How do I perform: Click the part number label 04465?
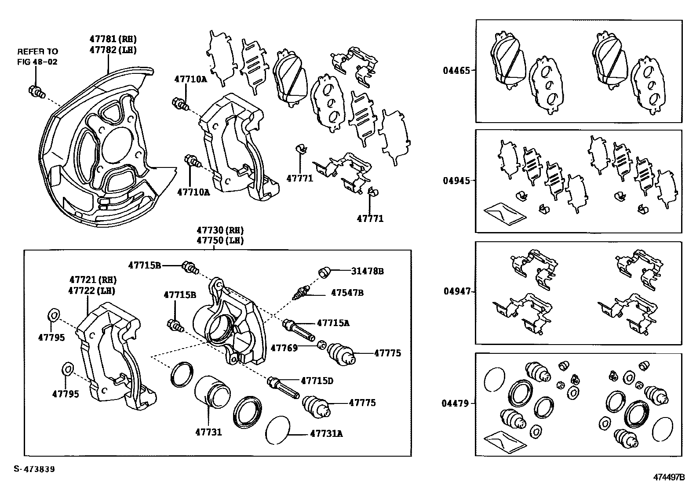(x=456, y=70)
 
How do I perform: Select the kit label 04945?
(x=456, y=181)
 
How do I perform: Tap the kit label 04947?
(x=456, y=291)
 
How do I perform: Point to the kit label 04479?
(x=456, y=403)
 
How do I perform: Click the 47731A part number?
(x=326, y=434)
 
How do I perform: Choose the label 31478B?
(x=367, y=271)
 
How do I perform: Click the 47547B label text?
(x=347, y=292)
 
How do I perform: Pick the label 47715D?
(x=317, y=381)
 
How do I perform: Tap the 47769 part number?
(x=284, y=348)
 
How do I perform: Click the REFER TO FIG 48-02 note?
(x=37, y=56)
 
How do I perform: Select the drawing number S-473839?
(x=34, y=469)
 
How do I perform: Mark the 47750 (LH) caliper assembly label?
(x=220, y=240)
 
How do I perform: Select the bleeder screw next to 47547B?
(x=301, y=292)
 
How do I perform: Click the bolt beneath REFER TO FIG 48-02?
(x=36, y=92)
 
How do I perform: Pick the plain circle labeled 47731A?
(x=278, y=429)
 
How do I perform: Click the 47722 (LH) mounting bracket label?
(x=92, y=291)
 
